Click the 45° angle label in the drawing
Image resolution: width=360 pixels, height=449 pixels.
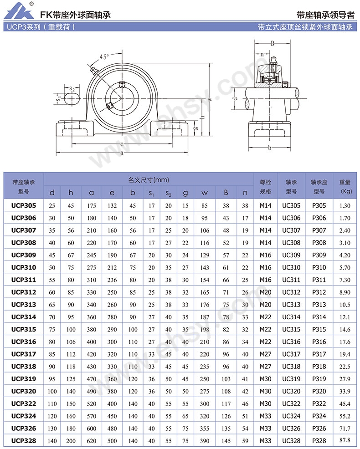click(x=104, y=57)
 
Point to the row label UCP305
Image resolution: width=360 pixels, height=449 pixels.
click(x=24, y=205)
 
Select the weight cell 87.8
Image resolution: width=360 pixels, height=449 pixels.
click(x=345, y=440)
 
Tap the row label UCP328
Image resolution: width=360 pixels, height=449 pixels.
click(x=24, y=441)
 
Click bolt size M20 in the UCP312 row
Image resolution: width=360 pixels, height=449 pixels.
click(x=265, y=292)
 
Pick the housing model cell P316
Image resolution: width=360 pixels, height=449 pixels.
click(x=319, y=342)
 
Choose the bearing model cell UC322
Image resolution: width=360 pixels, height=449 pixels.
click(x=291, y=403)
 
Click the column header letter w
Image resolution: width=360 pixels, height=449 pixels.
click(x=204, y=193)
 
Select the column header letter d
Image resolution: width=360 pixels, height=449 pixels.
click(x=52, y=193)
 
